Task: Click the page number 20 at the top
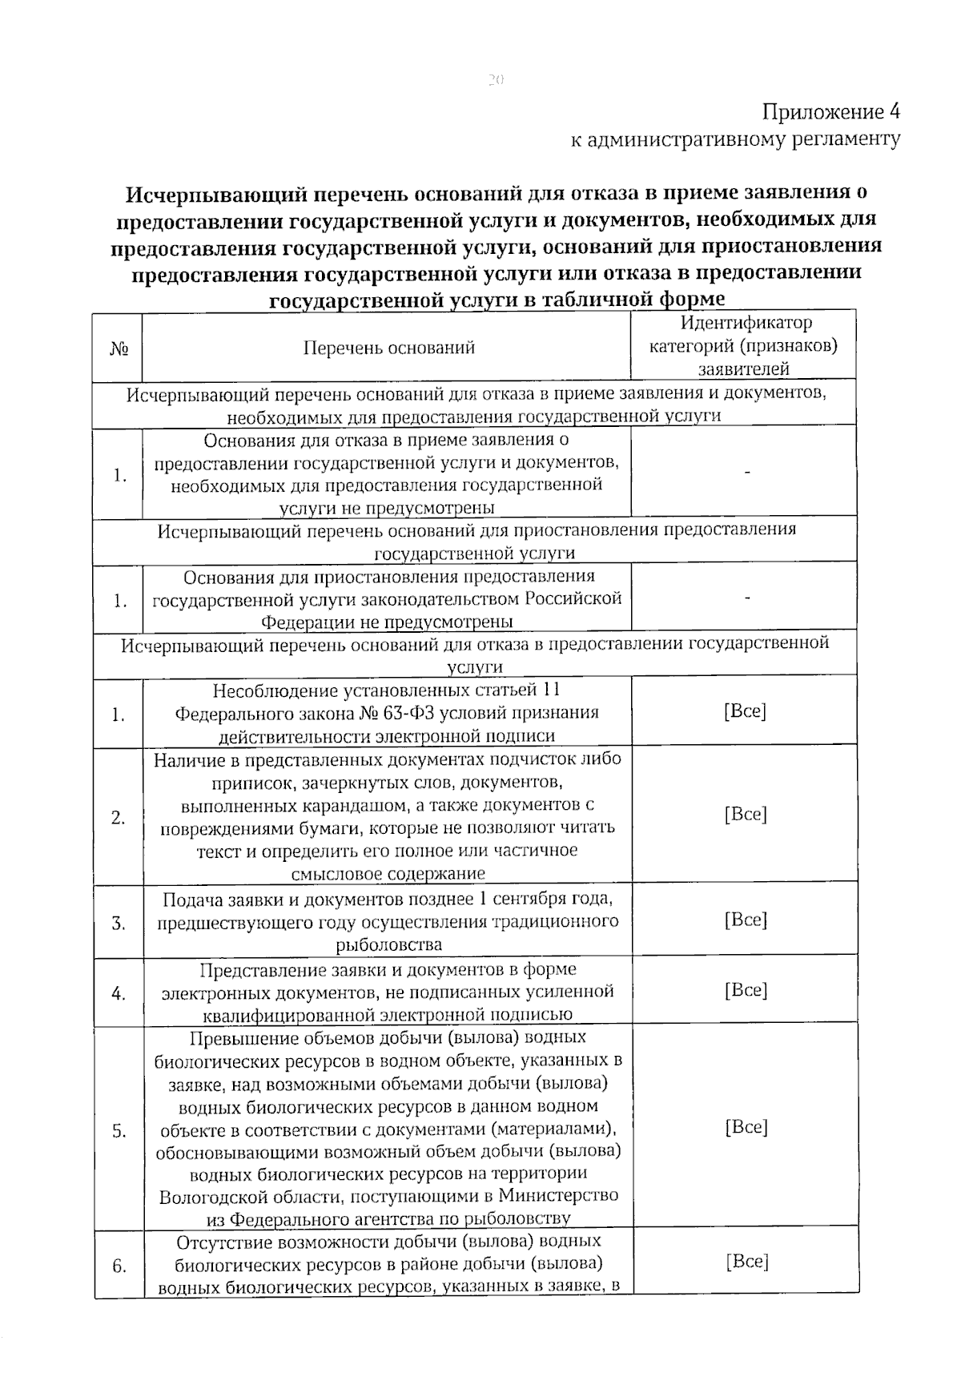[x=494, y=79]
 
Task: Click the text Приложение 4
[x=830, y=111]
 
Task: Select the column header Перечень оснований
[x=388, y=348]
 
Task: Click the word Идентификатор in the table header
[x=746, y=323]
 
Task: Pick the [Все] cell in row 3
[x=746, y=920]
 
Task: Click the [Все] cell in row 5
[x=746, y=1127]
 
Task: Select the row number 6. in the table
[x=119, y=1266]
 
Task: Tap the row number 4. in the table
[x=119, y=994]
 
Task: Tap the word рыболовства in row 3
[x=389, y=944]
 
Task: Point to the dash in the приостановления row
[x=746, y=598]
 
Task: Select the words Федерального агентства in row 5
[x=331, y=1219]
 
